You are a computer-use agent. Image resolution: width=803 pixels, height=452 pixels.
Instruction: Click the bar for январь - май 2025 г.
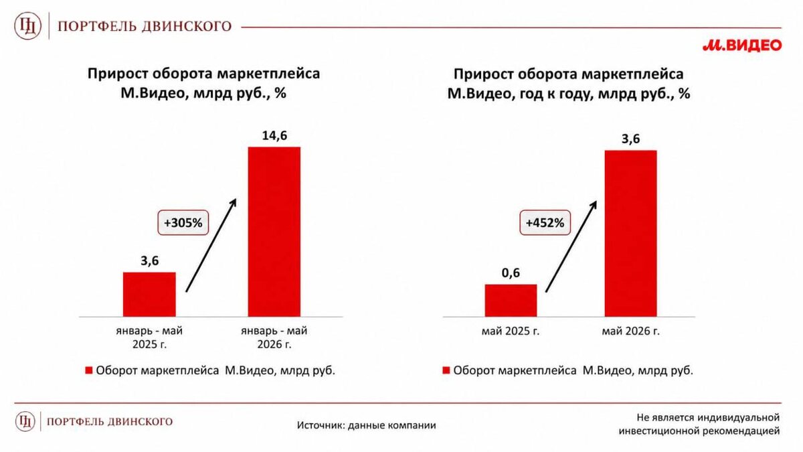click(x=149, y=294)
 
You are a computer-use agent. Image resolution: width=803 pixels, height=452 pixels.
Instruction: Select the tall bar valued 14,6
click(x=274, y=232)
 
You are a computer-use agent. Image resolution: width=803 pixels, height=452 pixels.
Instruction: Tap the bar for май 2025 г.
click(x=511, y=300)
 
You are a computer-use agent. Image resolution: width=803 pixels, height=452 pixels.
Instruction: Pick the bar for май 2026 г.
click(x=630, y=234)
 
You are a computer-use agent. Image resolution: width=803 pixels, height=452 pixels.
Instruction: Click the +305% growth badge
click(x=183, y=223)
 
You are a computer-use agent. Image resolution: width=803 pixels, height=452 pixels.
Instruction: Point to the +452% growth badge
click(x=545, y=223)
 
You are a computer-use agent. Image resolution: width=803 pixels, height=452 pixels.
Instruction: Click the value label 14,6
click(x=274, y=135)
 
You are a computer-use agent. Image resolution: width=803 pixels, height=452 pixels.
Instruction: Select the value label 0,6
click(x=511, y=273)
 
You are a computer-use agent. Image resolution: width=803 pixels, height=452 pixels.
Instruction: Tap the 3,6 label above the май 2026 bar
click(x=630, y=139)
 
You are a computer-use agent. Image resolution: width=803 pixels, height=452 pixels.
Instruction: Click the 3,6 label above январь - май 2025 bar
click(x=149, y=261)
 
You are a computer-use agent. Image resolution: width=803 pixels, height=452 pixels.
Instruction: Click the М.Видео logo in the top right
click(x=741, y=46)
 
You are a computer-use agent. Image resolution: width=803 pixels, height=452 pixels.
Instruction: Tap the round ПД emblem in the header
click(x=27, y=26)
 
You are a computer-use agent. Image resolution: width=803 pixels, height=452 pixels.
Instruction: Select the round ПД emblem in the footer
click(x=25, y=421)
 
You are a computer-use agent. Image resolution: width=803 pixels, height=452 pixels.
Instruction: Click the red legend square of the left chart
click(x=88, y=370)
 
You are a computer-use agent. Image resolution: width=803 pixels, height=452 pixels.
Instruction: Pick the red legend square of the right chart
click(x=446, y=370)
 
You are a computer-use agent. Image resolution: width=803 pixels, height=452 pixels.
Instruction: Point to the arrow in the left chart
click(x=211, y=245)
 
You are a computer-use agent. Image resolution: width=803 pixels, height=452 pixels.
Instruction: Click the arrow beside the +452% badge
click(x=571, y=246)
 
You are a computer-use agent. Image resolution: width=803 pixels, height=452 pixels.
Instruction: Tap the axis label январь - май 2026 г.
click(x=274, y=337)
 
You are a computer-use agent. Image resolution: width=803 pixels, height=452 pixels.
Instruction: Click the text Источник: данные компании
click(x=367, y=425)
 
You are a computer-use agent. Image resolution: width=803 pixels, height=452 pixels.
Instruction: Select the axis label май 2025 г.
click(x=511, y=331)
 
